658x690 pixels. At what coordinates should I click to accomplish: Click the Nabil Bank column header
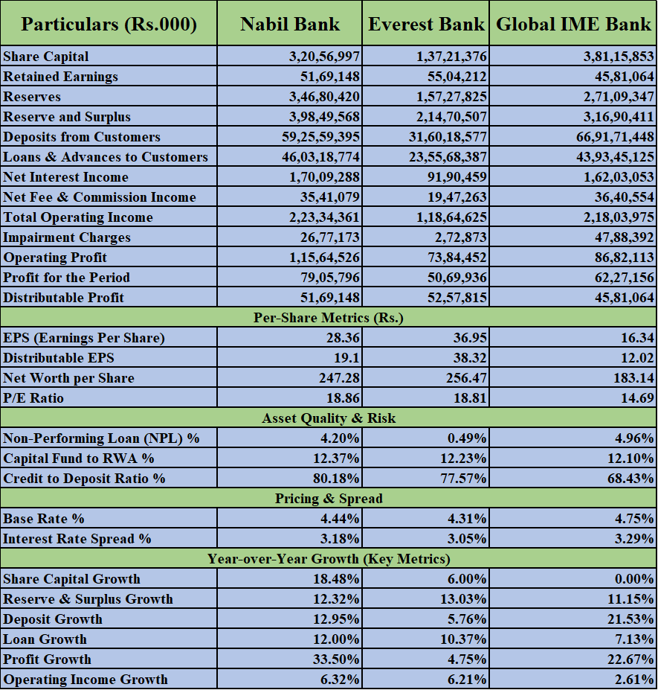click(290, 24)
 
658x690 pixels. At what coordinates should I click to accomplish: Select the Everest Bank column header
click(426, 24)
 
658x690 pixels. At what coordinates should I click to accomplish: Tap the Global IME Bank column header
click(573, 24)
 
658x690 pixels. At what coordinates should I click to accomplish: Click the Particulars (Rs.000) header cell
click(109, 25)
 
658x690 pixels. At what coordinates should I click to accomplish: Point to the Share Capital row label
click(45, 57)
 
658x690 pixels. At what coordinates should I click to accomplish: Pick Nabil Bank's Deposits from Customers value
click(321, 137)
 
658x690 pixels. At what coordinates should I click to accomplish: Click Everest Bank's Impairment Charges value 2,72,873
click(461, 237)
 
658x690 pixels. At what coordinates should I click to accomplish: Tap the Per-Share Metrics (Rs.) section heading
click(329, 318)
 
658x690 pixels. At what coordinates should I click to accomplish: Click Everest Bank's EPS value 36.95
click(470, 337)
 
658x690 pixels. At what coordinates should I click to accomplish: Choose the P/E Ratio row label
click(33, 398)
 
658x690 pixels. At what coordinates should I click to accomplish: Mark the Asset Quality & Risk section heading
click(329, 418)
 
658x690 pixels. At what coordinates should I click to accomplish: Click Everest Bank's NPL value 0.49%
click(467, 438)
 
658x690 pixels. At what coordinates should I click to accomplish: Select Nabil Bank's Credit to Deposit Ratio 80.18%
click(336, 479)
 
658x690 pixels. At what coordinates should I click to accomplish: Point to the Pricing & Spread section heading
click(329, 499)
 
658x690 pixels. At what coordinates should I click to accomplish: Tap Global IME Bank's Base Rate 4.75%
click(634, 519)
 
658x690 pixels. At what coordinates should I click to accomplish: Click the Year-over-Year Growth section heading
click(329, 559)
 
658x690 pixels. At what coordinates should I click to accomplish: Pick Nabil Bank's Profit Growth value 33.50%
click(336, 659)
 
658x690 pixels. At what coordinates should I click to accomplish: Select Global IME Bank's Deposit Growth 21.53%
click(630, 619)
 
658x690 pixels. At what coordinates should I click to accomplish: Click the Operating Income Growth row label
click(86, 680)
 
